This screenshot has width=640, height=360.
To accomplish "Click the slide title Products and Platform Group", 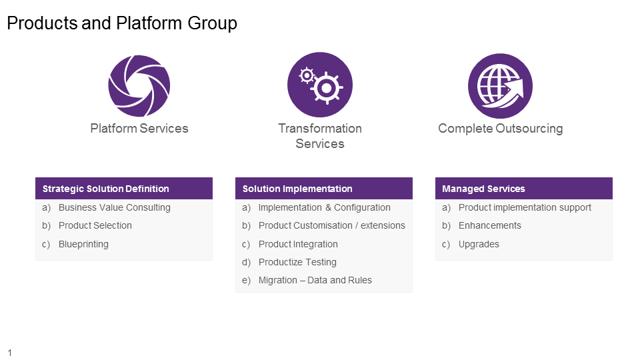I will click(x=122, y=23).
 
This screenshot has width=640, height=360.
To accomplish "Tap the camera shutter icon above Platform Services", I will click(x=139, y=86).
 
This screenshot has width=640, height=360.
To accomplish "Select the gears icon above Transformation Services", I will click(x=320, y=85).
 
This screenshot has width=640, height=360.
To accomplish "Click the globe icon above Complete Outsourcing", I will click(x=500, y=86).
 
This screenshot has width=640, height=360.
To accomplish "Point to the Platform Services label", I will click(x=139, y=128).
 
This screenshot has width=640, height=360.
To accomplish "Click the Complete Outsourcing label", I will click(x=500, y=128).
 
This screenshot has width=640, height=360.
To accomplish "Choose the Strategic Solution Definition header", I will click(x=124, y=189).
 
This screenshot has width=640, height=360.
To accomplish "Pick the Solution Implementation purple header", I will click(x=324, y=189).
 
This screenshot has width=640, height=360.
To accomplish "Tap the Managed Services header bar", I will click(x=524, y=189).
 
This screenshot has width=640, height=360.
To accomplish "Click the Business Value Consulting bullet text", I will click(x=115, y=207).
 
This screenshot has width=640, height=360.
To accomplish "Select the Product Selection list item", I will click(x=95, y=225).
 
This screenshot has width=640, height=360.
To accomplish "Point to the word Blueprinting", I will click(x=83, y=244).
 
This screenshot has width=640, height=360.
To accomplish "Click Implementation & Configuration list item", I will click(x=325, y=207).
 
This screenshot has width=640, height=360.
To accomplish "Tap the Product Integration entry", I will click(x=298, y=244).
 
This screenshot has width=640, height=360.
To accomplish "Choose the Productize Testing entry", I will click(x=297, y=262).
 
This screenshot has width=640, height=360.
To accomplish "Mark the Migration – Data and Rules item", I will click(x=315, y=280).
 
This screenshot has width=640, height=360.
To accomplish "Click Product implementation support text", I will click(x=525, y=207).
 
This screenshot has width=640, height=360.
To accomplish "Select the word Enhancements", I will click(x=490, y=225).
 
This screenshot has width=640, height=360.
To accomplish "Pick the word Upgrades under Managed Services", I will click(x=479, y=244).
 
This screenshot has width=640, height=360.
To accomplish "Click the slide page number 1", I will click(x=10, y=353).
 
